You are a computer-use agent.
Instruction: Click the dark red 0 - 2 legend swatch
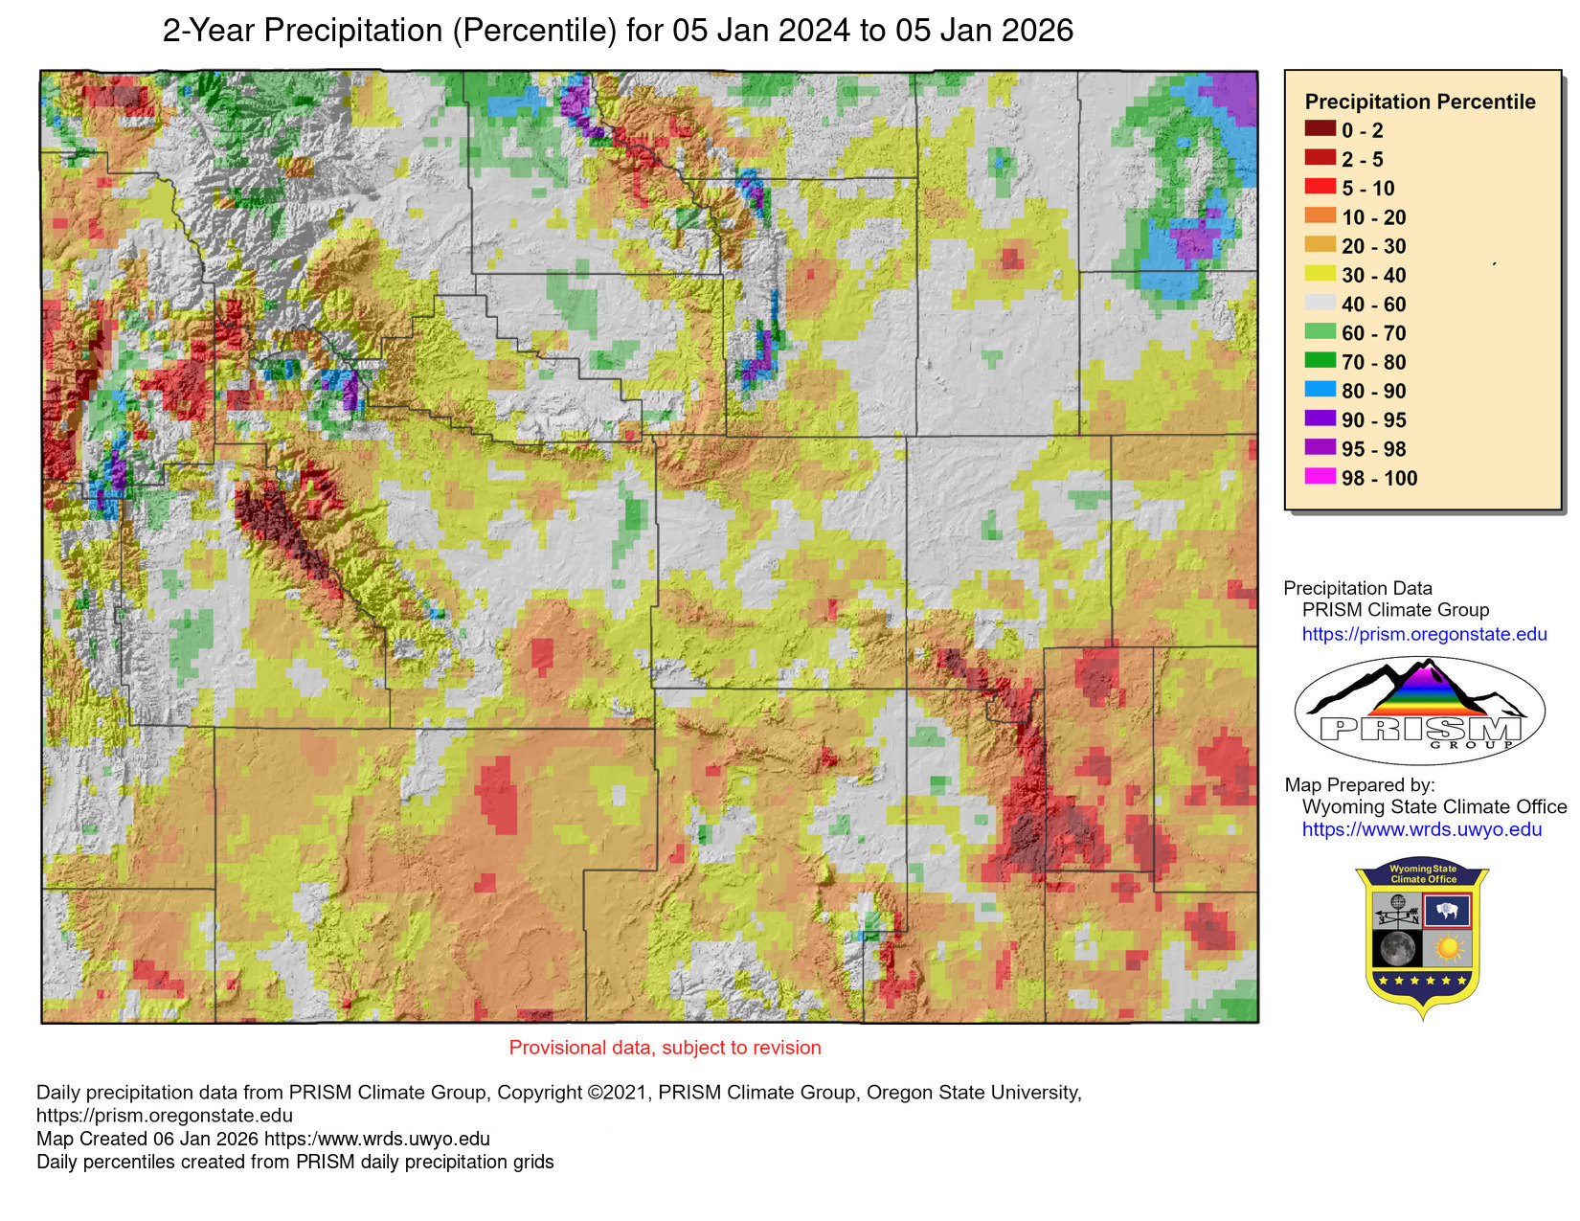[x=1320, y=129]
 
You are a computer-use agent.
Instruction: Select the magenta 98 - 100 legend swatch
[x=1320, y=477]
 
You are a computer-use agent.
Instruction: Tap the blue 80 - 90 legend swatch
[x=1320, y=390]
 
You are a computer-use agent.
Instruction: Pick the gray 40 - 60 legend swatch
[x=1320, y=303]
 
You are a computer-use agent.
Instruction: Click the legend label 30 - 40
[x=1373, y=276]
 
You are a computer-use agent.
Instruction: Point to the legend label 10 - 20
[x=1373, y=217]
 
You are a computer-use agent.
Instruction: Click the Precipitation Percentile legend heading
[x=1419, y=102]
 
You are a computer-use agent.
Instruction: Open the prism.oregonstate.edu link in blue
[x=1423, y=634]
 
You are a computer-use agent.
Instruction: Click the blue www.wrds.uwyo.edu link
[x=1421, y=829]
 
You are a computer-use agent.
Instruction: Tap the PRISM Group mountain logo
[x=1419, y=710]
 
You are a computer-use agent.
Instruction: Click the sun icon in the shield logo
[x=1447, y=948]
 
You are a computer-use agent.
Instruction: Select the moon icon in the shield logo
[x=1396, y=948]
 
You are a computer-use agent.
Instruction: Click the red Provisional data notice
[x=665, y=1048]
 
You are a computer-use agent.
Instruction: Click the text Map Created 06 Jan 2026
[x=147, y=1139]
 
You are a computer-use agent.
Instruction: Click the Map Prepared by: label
[x=1359, y=785]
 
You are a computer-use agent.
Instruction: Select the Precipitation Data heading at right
[x=1357, y=588]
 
